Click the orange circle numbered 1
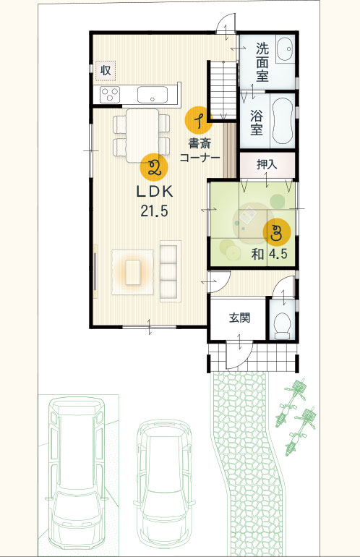(x=199, y=120)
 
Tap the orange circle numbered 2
(x=154, y=168)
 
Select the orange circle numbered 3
(x=277, y=233)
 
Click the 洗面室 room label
(x=262, y=62)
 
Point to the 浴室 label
(x=257, y=123)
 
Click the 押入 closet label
(x=267, y=164)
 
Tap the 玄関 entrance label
(x=240, y=318)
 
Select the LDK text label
(x=155, y=192)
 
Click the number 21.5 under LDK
(x=155, y=211)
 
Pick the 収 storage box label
(x=106, y=70)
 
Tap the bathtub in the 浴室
(x=283, y=121)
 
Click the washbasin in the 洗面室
(x=285, y=49)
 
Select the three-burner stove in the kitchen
(x=110, y=95)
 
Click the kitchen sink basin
(x=153, y=95)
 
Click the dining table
(x=142, y=136)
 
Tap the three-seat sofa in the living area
(x=170, y=271)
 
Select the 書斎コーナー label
(x=200, y=150)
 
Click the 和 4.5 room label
(x=269, y=254)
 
